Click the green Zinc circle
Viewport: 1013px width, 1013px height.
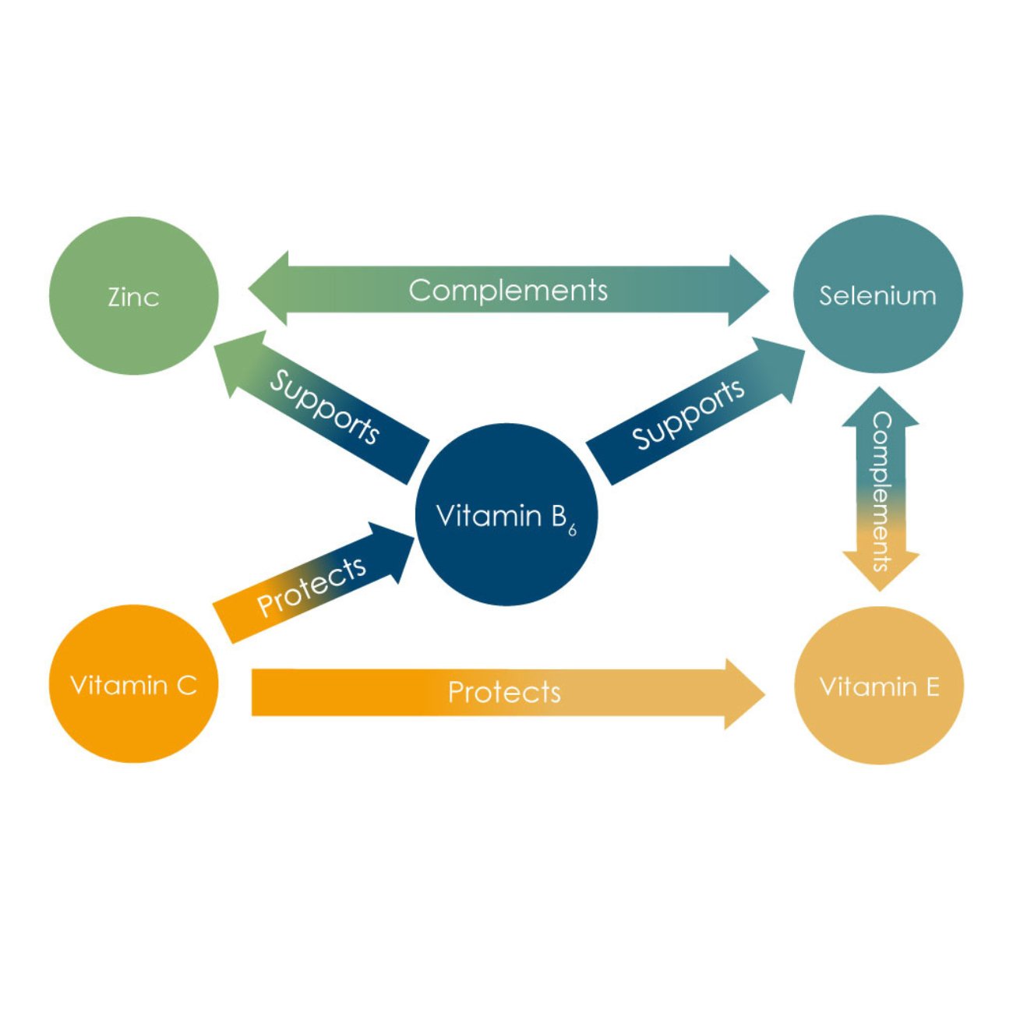tap(133, 296)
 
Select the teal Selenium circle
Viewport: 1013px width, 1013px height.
tap(877, 295)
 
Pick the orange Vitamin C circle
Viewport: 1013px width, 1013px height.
tap(133, 685)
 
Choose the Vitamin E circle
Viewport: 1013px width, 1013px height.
tap(879, 686)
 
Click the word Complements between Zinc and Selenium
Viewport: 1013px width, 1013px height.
tap(508, 290)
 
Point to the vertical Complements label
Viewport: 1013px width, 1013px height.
tap(881, 491)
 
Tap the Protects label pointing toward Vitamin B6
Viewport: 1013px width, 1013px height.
tap(312, 586)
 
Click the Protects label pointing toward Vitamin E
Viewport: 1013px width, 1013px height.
tap(504, 692)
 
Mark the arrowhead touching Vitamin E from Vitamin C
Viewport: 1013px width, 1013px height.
tap(744, 694)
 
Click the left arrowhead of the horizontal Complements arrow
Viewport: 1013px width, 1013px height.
tap(270, 289)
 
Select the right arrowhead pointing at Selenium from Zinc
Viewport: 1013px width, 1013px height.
tap(748, 291)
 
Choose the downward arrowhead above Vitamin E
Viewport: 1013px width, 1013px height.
tap(881, 571)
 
